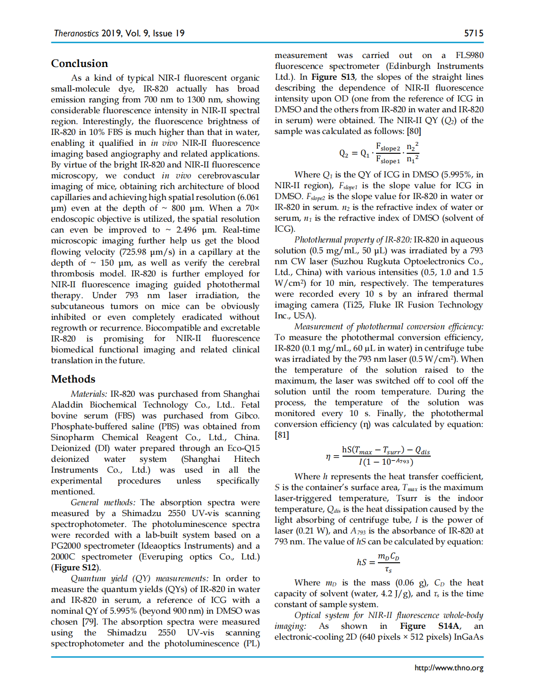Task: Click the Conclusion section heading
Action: [79, 64]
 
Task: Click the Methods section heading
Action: [73, 379]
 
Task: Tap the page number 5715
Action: [473, 33]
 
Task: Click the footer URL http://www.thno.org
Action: [449, 667]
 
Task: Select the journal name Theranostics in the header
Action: [76, 33]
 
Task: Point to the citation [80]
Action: [414, 131]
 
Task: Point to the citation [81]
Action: [282, 435]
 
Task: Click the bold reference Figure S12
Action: [75, 567]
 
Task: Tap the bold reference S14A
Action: [449, 626]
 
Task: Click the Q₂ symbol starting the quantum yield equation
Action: [343, 153]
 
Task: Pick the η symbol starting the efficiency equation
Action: [328, 457]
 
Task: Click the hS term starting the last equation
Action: [361, 562]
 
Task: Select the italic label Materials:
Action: [89, 394]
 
